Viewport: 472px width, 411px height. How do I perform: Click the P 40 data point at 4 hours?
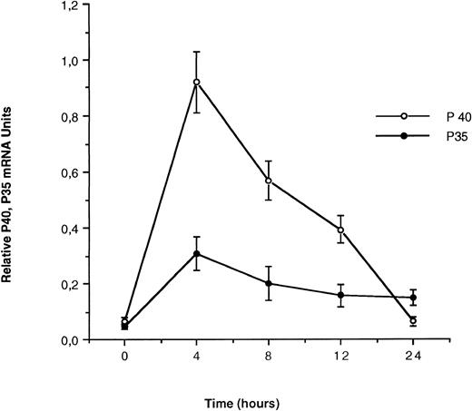pos(196,82)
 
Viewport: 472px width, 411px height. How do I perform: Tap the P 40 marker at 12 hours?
pos(340,230)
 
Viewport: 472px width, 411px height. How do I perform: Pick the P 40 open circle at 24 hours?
pos(413,320)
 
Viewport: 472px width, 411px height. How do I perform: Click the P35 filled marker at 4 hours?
pos(196,253)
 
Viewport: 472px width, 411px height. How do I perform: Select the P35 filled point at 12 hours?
pos(340,295)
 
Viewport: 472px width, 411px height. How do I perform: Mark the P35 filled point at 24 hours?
pos(413,298)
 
